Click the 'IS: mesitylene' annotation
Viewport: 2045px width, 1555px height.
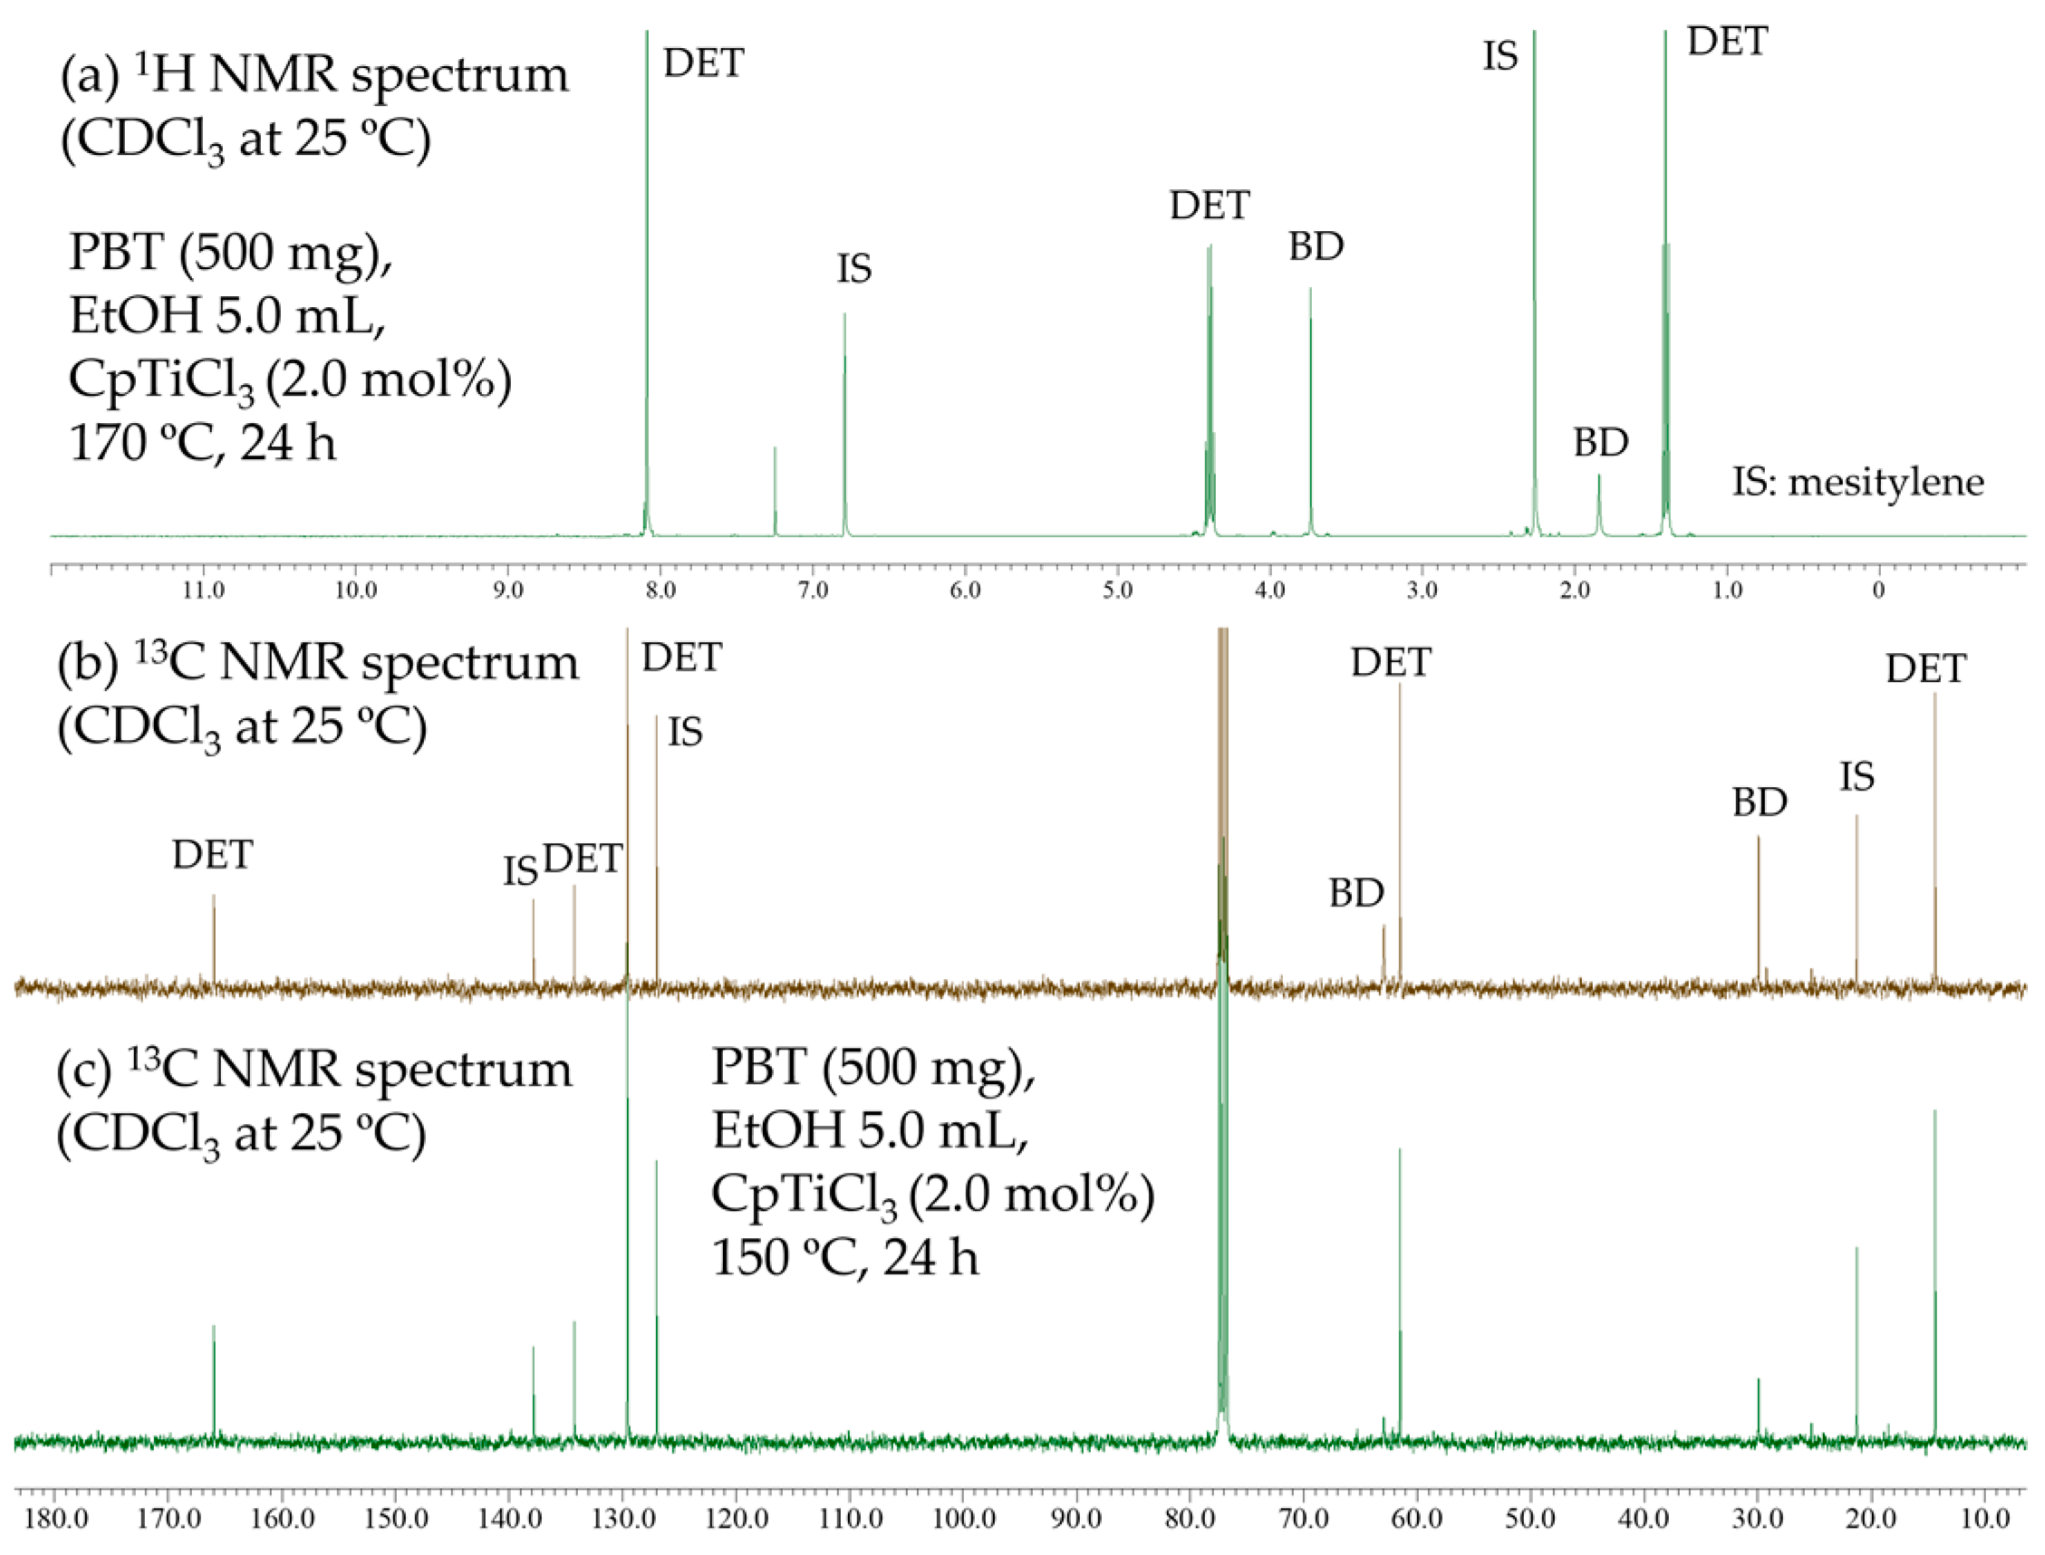[1858, 482]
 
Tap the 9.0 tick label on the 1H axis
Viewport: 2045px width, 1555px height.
[507, 590]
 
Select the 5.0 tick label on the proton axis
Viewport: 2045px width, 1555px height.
[1117, 590]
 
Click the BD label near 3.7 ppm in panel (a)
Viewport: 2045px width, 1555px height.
[1316, 247]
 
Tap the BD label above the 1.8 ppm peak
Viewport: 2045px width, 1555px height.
[1601, 444]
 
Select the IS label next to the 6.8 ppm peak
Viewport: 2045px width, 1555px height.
[854, 269]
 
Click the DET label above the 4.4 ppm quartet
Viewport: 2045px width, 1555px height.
[1209, 206]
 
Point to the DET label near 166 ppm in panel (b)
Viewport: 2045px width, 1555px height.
[212, 855]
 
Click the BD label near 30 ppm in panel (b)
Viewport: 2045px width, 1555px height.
[1759, 802]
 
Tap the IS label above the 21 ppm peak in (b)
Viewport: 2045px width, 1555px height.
[1857, 777]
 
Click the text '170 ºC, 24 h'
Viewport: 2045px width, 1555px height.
[203, 444]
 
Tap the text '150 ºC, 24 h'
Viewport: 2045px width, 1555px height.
[844, 1258]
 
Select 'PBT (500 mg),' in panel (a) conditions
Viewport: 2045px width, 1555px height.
[230, 252]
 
